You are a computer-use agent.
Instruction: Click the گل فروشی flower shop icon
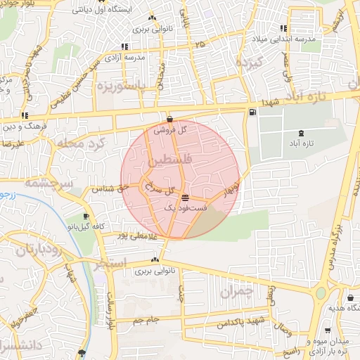point(170,119)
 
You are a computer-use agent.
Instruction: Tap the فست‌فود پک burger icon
point(185,198)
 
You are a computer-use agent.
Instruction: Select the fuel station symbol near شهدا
point(252,112)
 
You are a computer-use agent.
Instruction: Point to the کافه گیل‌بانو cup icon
point(85,217)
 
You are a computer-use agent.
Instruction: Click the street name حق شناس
point(108,189)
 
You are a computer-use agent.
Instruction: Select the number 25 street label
point(202,44)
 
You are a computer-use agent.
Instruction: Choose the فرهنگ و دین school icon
point(25,115)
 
